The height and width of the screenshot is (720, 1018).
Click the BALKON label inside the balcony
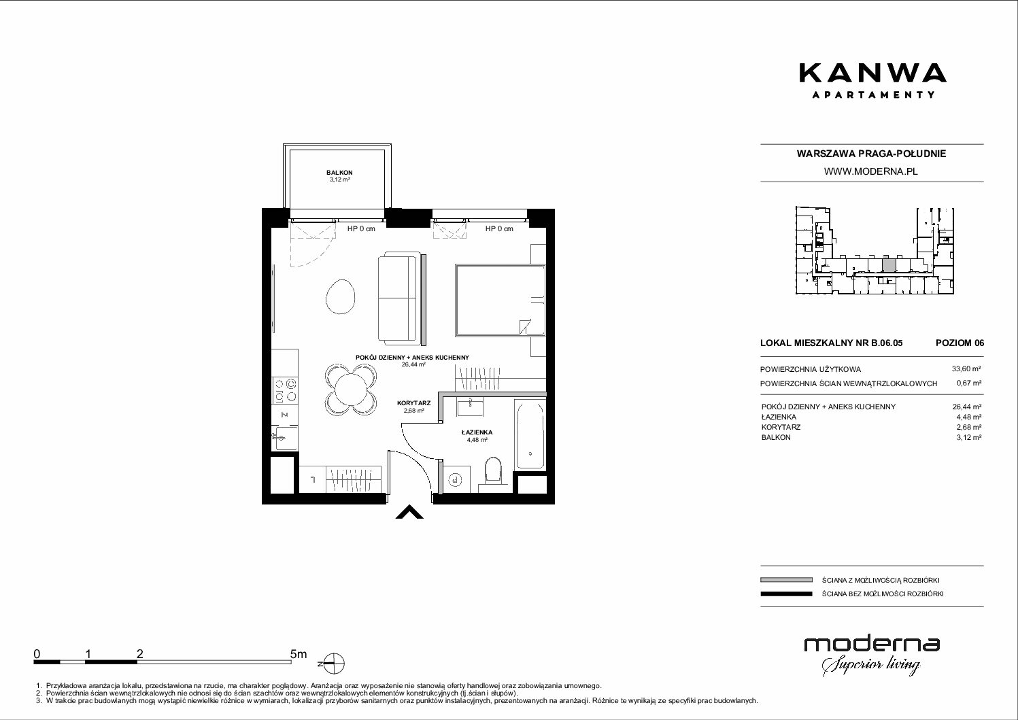coord(339,173)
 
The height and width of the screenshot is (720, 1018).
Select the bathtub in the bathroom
coord(530,434)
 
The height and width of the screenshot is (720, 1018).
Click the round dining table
coord(350,390)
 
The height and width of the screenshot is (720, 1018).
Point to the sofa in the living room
coord(398,298)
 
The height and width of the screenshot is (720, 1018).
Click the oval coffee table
coord(341,296)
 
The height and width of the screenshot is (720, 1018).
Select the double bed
coord(500,301)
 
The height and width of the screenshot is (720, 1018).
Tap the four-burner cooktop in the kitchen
coord(285,391)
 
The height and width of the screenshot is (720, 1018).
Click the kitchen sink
coord(286,438)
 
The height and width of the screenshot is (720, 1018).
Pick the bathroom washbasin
coord(471,407)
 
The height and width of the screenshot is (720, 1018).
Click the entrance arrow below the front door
coord(409,512)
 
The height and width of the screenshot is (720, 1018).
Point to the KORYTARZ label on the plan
coord(413,403)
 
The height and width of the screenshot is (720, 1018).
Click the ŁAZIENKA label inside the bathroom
coord(477,432)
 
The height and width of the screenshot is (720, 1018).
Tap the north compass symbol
coord(335,664)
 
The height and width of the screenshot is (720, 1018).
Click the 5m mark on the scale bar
coord(299,653)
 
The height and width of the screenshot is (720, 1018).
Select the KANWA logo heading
coord(872,80)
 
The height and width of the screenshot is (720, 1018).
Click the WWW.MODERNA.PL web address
coord(870,171)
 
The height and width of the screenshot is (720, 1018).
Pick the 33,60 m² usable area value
coord(966,369)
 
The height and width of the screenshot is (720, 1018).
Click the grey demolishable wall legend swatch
coord(786,580)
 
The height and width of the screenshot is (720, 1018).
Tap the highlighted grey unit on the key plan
coord(889,265)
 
